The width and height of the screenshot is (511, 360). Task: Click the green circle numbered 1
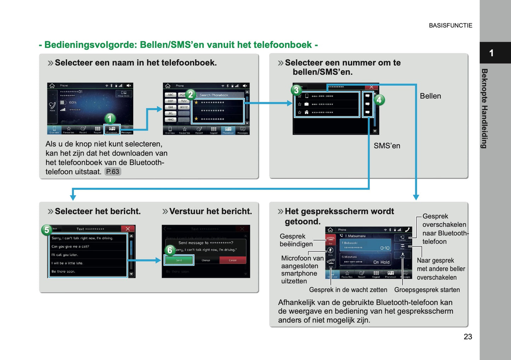[x=110, y=118]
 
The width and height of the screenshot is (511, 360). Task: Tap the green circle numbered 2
[x=191, y=94]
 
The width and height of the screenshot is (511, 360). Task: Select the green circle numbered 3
[x=296, y=90]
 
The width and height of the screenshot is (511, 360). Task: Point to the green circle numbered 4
[x=379, y=100]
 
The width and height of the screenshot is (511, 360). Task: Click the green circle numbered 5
[x=47, y=230]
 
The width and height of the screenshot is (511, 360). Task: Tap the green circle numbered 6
[x=170, y=250]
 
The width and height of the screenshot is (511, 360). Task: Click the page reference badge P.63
[x=113, y=172]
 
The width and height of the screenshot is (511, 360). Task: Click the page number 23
[x=468, y=337]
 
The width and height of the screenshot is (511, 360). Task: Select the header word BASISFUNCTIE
[x=450, y=25]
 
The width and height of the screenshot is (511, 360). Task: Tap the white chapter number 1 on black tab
[x=491, y=53]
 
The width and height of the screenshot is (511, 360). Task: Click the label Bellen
[x=430, y=96]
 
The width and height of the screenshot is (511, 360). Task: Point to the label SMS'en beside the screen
[x=387, y=146]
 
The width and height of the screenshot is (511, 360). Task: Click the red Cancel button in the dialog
[x=232, y=260]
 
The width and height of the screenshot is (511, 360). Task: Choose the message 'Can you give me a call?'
[x=70, y=246]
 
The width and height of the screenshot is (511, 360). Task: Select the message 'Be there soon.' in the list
[x=63, y=272]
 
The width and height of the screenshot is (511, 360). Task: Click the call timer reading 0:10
[x=385, y=248]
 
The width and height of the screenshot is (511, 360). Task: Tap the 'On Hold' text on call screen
[x=381, y=262]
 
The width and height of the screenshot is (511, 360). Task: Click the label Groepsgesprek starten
[x=427, y=290]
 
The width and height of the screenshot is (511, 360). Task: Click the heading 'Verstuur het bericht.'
[x=210, y=211]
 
